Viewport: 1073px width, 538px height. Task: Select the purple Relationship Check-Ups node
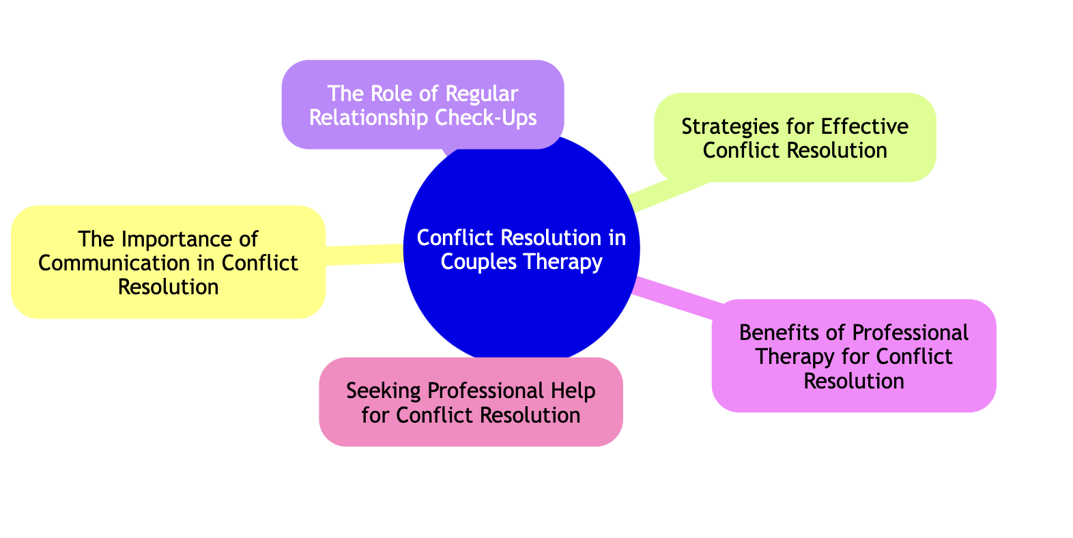click(x=423, y=104)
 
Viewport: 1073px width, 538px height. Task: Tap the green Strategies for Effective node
click(x=795, y=137)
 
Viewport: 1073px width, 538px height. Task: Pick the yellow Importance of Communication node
click(x=168, y=262)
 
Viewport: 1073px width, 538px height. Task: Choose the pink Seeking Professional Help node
click(x=470, y=402)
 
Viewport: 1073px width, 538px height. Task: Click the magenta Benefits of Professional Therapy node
click(x=853, y=356)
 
